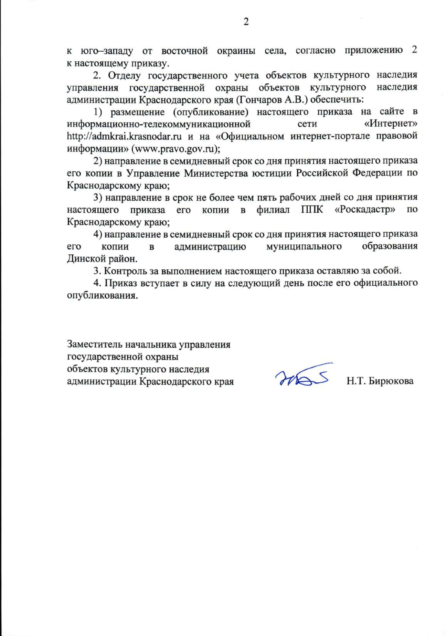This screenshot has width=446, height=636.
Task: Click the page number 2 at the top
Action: (246, 22)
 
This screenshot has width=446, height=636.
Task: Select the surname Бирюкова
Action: (391, 381)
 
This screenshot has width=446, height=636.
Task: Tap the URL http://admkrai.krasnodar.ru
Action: (124, 136)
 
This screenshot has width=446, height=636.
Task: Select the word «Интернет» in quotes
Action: (391, 124)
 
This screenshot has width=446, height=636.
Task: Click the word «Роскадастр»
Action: (365, 210)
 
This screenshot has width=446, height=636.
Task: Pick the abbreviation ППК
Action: (312, 210)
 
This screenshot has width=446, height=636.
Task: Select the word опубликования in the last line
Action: (100, 296)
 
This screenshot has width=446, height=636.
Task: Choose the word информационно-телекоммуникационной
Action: (158, 124)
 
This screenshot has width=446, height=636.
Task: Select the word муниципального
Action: (304, 246)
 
